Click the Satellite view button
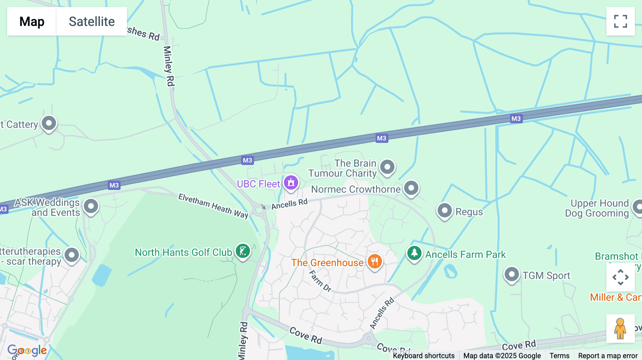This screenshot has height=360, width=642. pos(92,21)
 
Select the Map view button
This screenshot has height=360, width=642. pos(32,21)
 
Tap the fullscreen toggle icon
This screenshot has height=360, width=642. pos(620,21)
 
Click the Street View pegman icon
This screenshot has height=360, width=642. pos(620,328)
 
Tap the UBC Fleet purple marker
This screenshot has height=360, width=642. pos(291,183)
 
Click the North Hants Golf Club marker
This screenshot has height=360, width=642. pos(243,251)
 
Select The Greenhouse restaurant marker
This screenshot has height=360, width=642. pos(374,262)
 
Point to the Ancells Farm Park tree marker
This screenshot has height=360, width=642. pos(414,253)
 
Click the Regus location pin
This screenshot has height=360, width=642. pos(444,211)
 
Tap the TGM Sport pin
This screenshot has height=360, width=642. pos(512,275)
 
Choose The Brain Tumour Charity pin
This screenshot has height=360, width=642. pos(387,167)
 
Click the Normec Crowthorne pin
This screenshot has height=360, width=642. pos(411,188)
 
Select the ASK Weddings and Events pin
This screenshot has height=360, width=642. pos(91,206)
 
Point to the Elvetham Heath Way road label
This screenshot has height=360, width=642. pos(213,206)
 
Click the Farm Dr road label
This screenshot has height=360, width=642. pos(320,281)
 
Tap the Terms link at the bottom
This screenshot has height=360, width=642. pos(559,356)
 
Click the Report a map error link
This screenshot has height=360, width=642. pos(608,356)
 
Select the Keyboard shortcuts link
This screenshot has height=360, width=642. pos(424,356)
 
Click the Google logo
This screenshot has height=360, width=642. pos(27,351)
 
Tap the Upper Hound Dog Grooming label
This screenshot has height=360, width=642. pos(597,208)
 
